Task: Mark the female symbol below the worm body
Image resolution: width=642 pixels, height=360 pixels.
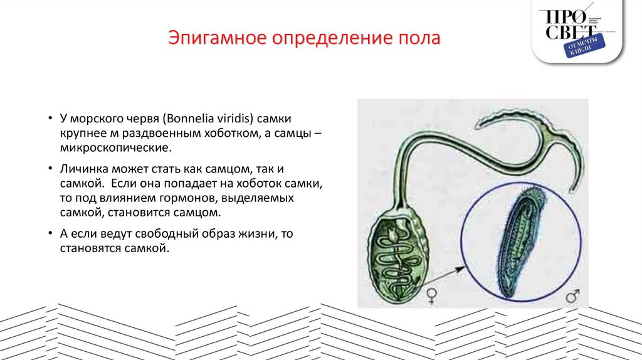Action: (432, 295)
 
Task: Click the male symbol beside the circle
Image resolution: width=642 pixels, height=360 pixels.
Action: (572, 294)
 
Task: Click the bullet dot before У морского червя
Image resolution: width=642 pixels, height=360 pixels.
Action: (50, 119)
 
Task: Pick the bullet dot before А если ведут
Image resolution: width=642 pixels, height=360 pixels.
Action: (50, 234)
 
